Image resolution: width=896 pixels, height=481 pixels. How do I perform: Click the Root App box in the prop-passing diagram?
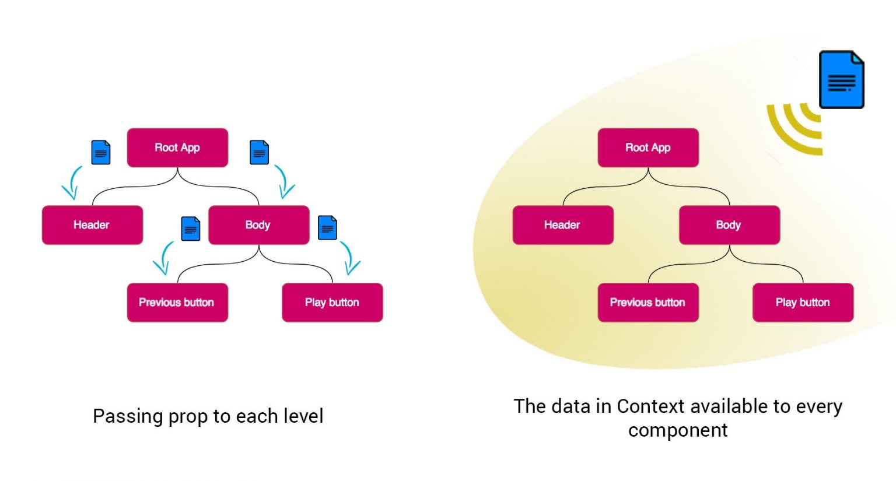[177, 148]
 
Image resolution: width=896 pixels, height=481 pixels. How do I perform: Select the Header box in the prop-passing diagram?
[92, 225]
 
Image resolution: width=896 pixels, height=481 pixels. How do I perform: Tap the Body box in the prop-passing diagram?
[258, 225]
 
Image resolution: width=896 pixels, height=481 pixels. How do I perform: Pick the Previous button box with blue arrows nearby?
[177, 303]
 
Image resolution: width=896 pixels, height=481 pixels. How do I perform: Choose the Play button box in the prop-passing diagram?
[332, 303]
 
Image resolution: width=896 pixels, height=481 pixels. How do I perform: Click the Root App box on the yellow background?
[648, 148]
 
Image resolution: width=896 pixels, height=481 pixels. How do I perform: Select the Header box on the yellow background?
[563, 225]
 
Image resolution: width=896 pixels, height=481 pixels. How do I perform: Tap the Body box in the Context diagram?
[729, 225]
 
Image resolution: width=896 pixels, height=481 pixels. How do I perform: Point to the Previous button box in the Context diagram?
[648, 303]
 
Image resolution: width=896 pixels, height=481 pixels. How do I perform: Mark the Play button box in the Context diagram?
[803, 303]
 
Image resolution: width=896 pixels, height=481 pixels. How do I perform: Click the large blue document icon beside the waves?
[841, 80]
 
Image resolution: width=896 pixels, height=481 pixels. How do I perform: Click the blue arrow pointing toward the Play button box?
[350, 258]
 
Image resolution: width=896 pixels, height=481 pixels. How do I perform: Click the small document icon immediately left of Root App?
[101, 153]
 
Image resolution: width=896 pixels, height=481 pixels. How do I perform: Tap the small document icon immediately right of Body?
[327, 228]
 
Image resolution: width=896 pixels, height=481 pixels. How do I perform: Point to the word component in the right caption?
[678, 430]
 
